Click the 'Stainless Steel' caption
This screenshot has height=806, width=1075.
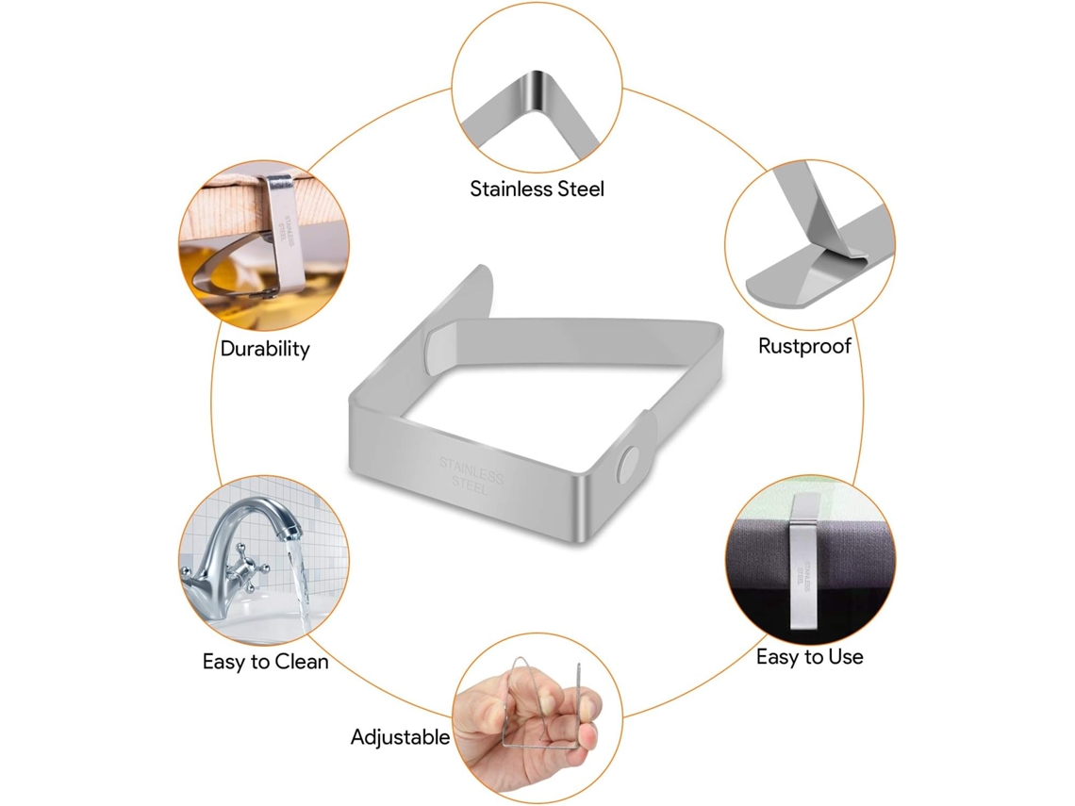[537, 189]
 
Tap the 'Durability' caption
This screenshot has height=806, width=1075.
[265, 349]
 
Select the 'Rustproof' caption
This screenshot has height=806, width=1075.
[804, 346]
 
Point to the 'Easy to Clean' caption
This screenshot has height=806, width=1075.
[265, 662]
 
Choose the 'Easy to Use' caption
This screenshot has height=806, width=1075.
[809, 657]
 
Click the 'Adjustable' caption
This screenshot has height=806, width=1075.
[401, 737]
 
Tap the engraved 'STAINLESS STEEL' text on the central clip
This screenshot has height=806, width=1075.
[471, 476]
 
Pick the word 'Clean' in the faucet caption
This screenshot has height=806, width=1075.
[301, 662]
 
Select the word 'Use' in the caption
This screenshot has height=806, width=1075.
[845, 657]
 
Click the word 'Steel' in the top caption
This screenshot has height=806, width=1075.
[583, 189]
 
